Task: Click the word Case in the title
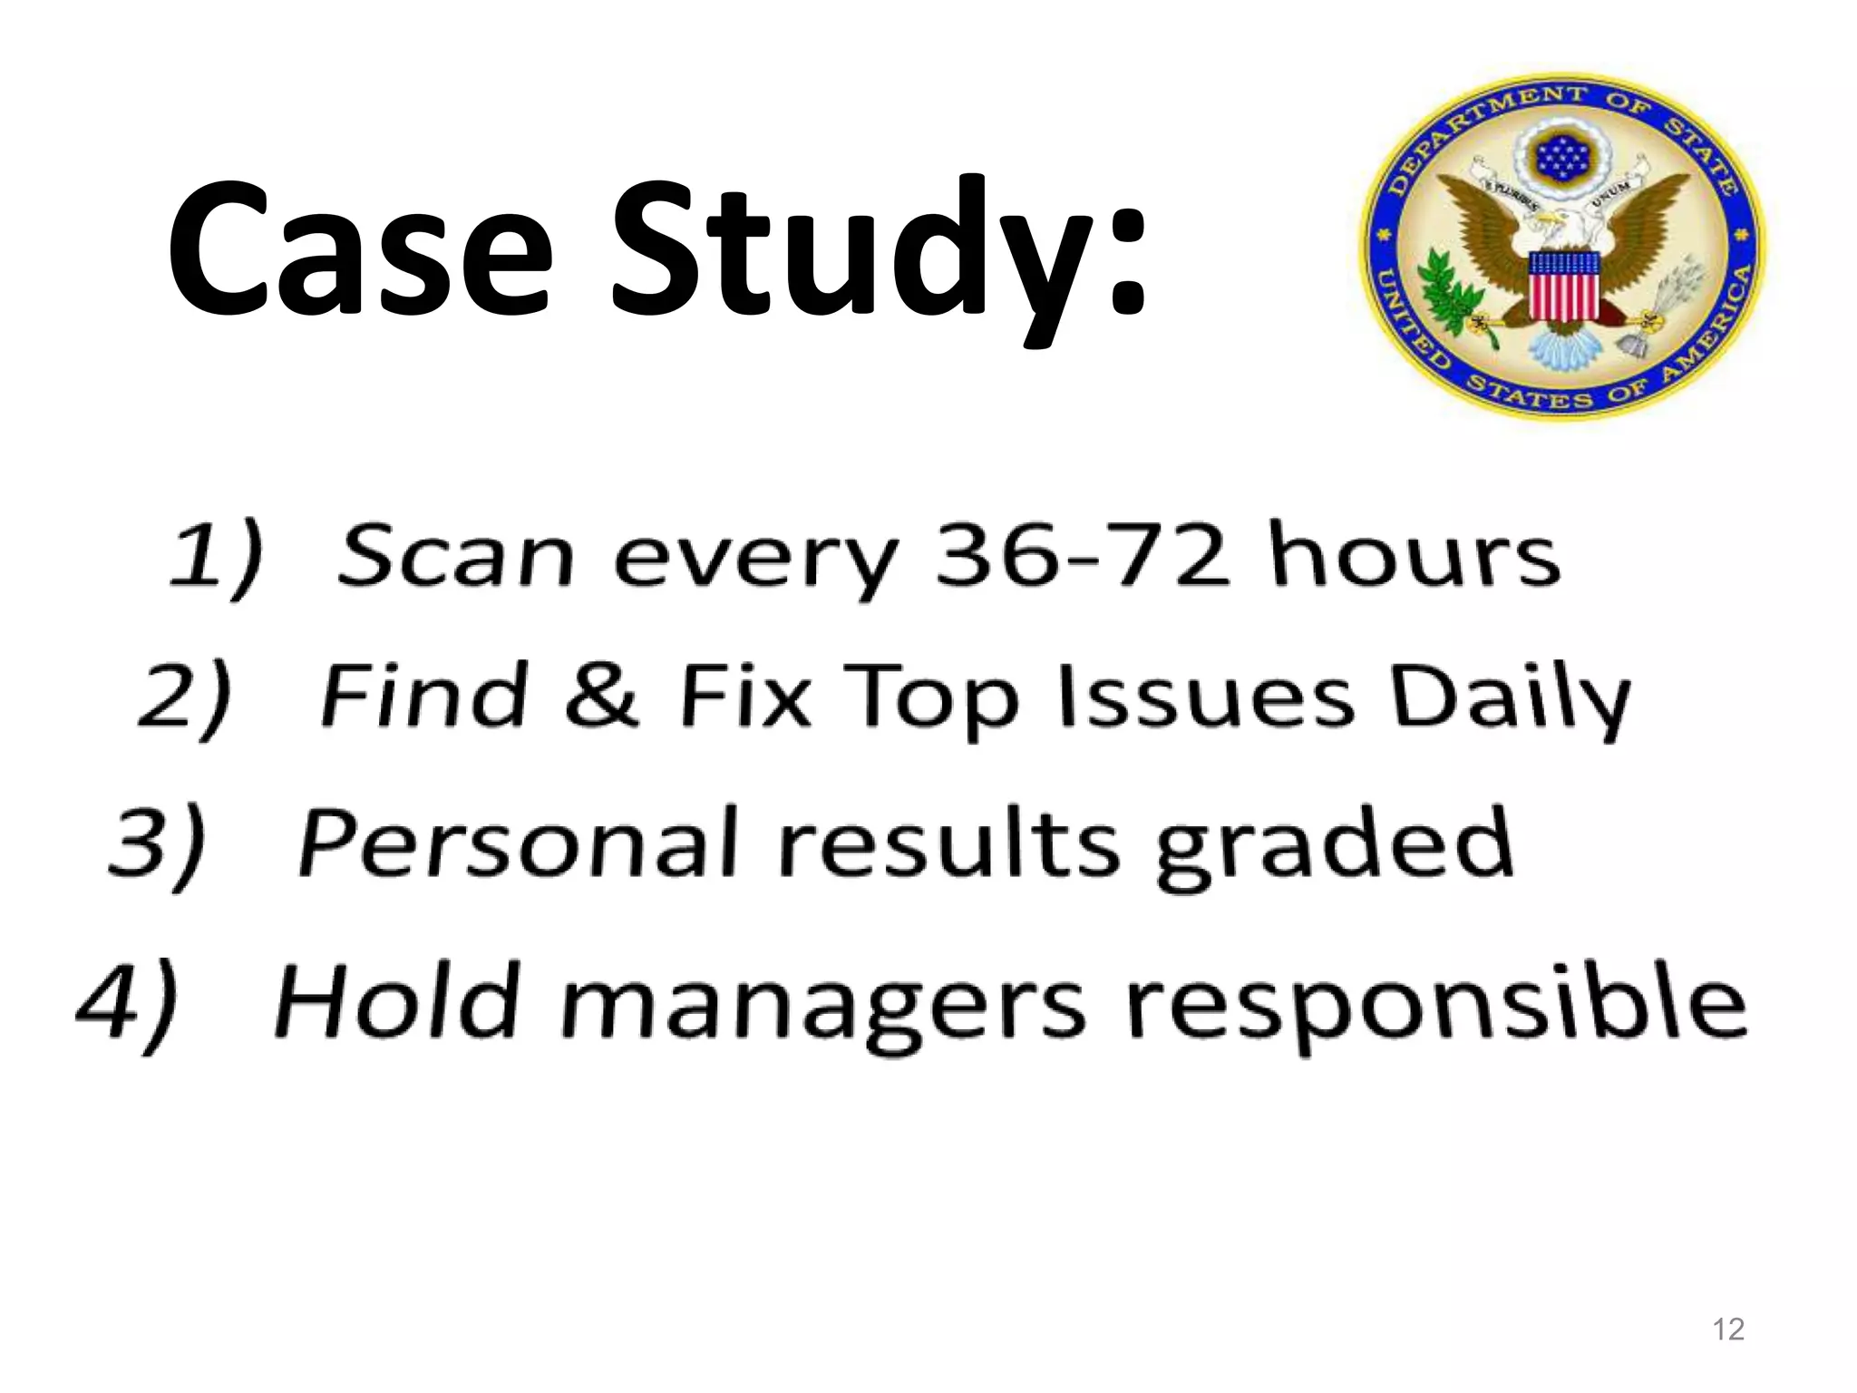(x=359, y=249)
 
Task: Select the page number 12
(x=1729, y=1329)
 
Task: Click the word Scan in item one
(x=455, y=555)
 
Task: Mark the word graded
(x=1334, y=847)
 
